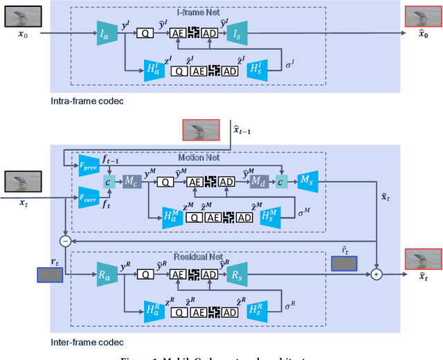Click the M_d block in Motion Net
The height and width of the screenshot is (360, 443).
coord(261,181)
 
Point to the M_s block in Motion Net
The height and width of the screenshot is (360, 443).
coord(307,181)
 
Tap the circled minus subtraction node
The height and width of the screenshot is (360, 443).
coord(64,242)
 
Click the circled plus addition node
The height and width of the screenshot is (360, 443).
coord(378,275)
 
